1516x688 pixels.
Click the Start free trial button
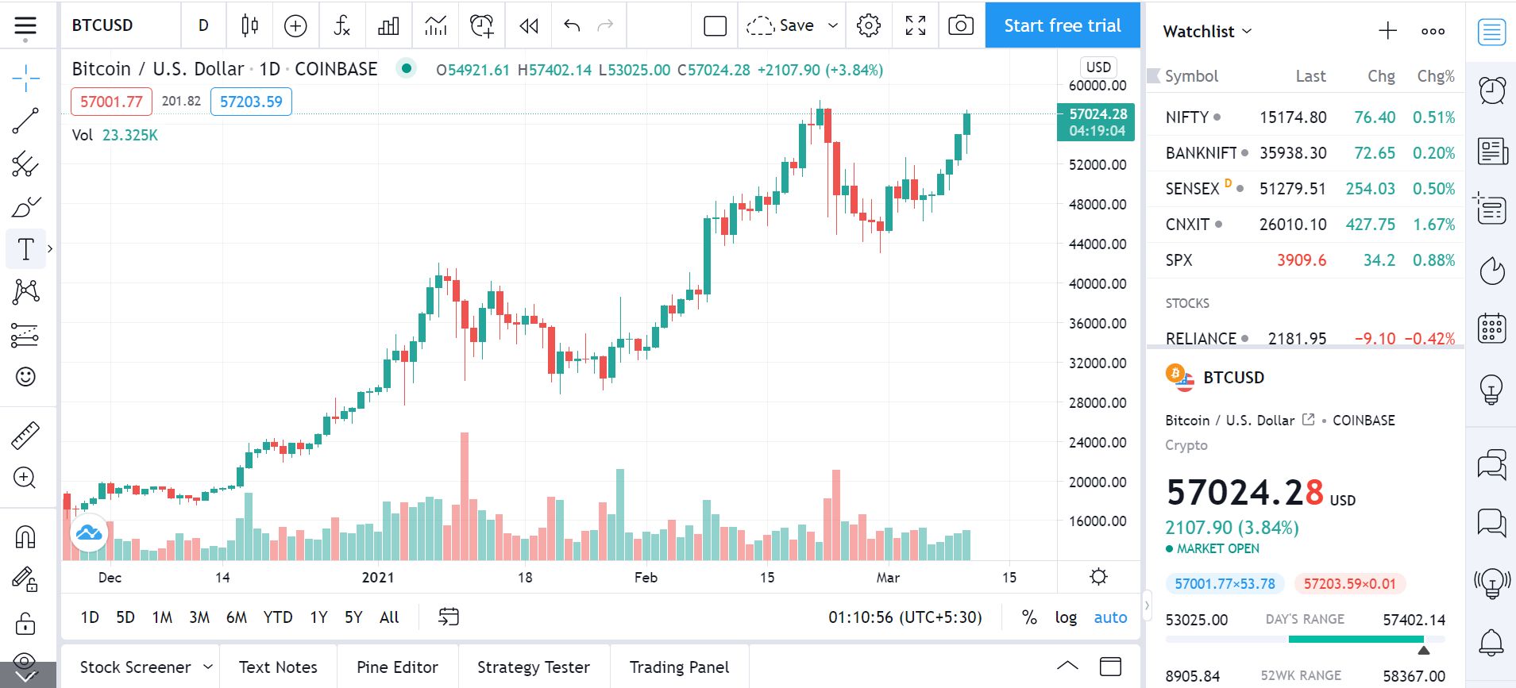1062,25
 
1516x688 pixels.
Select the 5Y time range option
353,617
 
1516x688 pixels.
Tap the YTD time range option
278,617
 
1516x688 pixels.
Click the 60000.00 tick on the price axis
1097,86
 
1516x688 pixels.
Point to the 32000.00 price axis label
1097,363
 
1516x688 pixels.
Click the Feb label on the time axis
646,578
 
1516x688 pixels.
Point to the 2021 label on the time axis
378,578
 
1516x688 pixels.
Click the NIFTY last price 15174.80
1293,117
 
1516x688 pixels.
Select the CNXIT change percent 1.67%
1433,225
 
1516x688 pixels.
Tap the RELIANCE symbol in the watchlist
1201,339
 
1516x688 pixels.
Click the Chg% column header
1436,76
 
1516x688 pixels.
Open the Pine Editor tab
397,667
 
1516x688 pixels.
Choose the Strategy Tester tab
534,667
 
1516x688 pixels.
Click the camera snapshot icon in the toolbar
961,25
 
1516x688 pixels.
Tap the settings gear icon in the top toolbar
869,25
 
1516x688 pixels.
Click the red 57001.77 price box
111,102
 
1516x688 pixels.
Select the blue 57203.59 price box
251,102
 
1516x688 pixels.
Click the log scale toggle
1066,617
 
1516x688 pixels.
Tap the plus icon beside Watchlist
1387,31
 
